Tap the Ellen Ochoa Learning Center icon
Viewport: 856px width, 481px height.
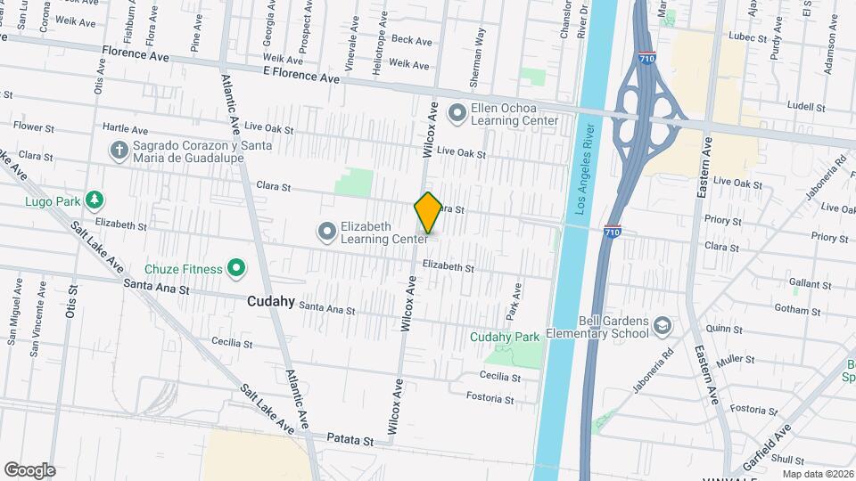pos(458,113)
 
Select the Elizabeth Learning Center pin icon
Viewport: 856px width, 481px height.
pos(326,232)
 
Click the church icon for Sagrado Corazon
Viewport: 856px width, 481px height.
pos(118,151)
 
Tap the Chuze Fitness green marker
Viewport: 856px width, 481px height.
pos(236,267)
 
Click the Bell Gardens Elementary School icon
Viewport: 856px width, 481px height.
pos(662,327)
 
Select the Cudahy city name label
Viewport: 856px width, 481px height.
pos(271,302)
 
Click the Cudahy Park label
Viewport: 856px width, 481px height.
pos(506,337)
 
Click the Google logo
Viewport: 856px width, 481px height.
pos(29,469)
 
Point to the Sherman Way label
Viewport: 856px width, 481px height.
pos(479,48)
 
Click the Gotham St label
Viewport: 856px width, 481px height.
pos(798,311)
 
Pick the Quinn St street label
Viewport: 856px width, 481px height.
pos(722,328)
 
